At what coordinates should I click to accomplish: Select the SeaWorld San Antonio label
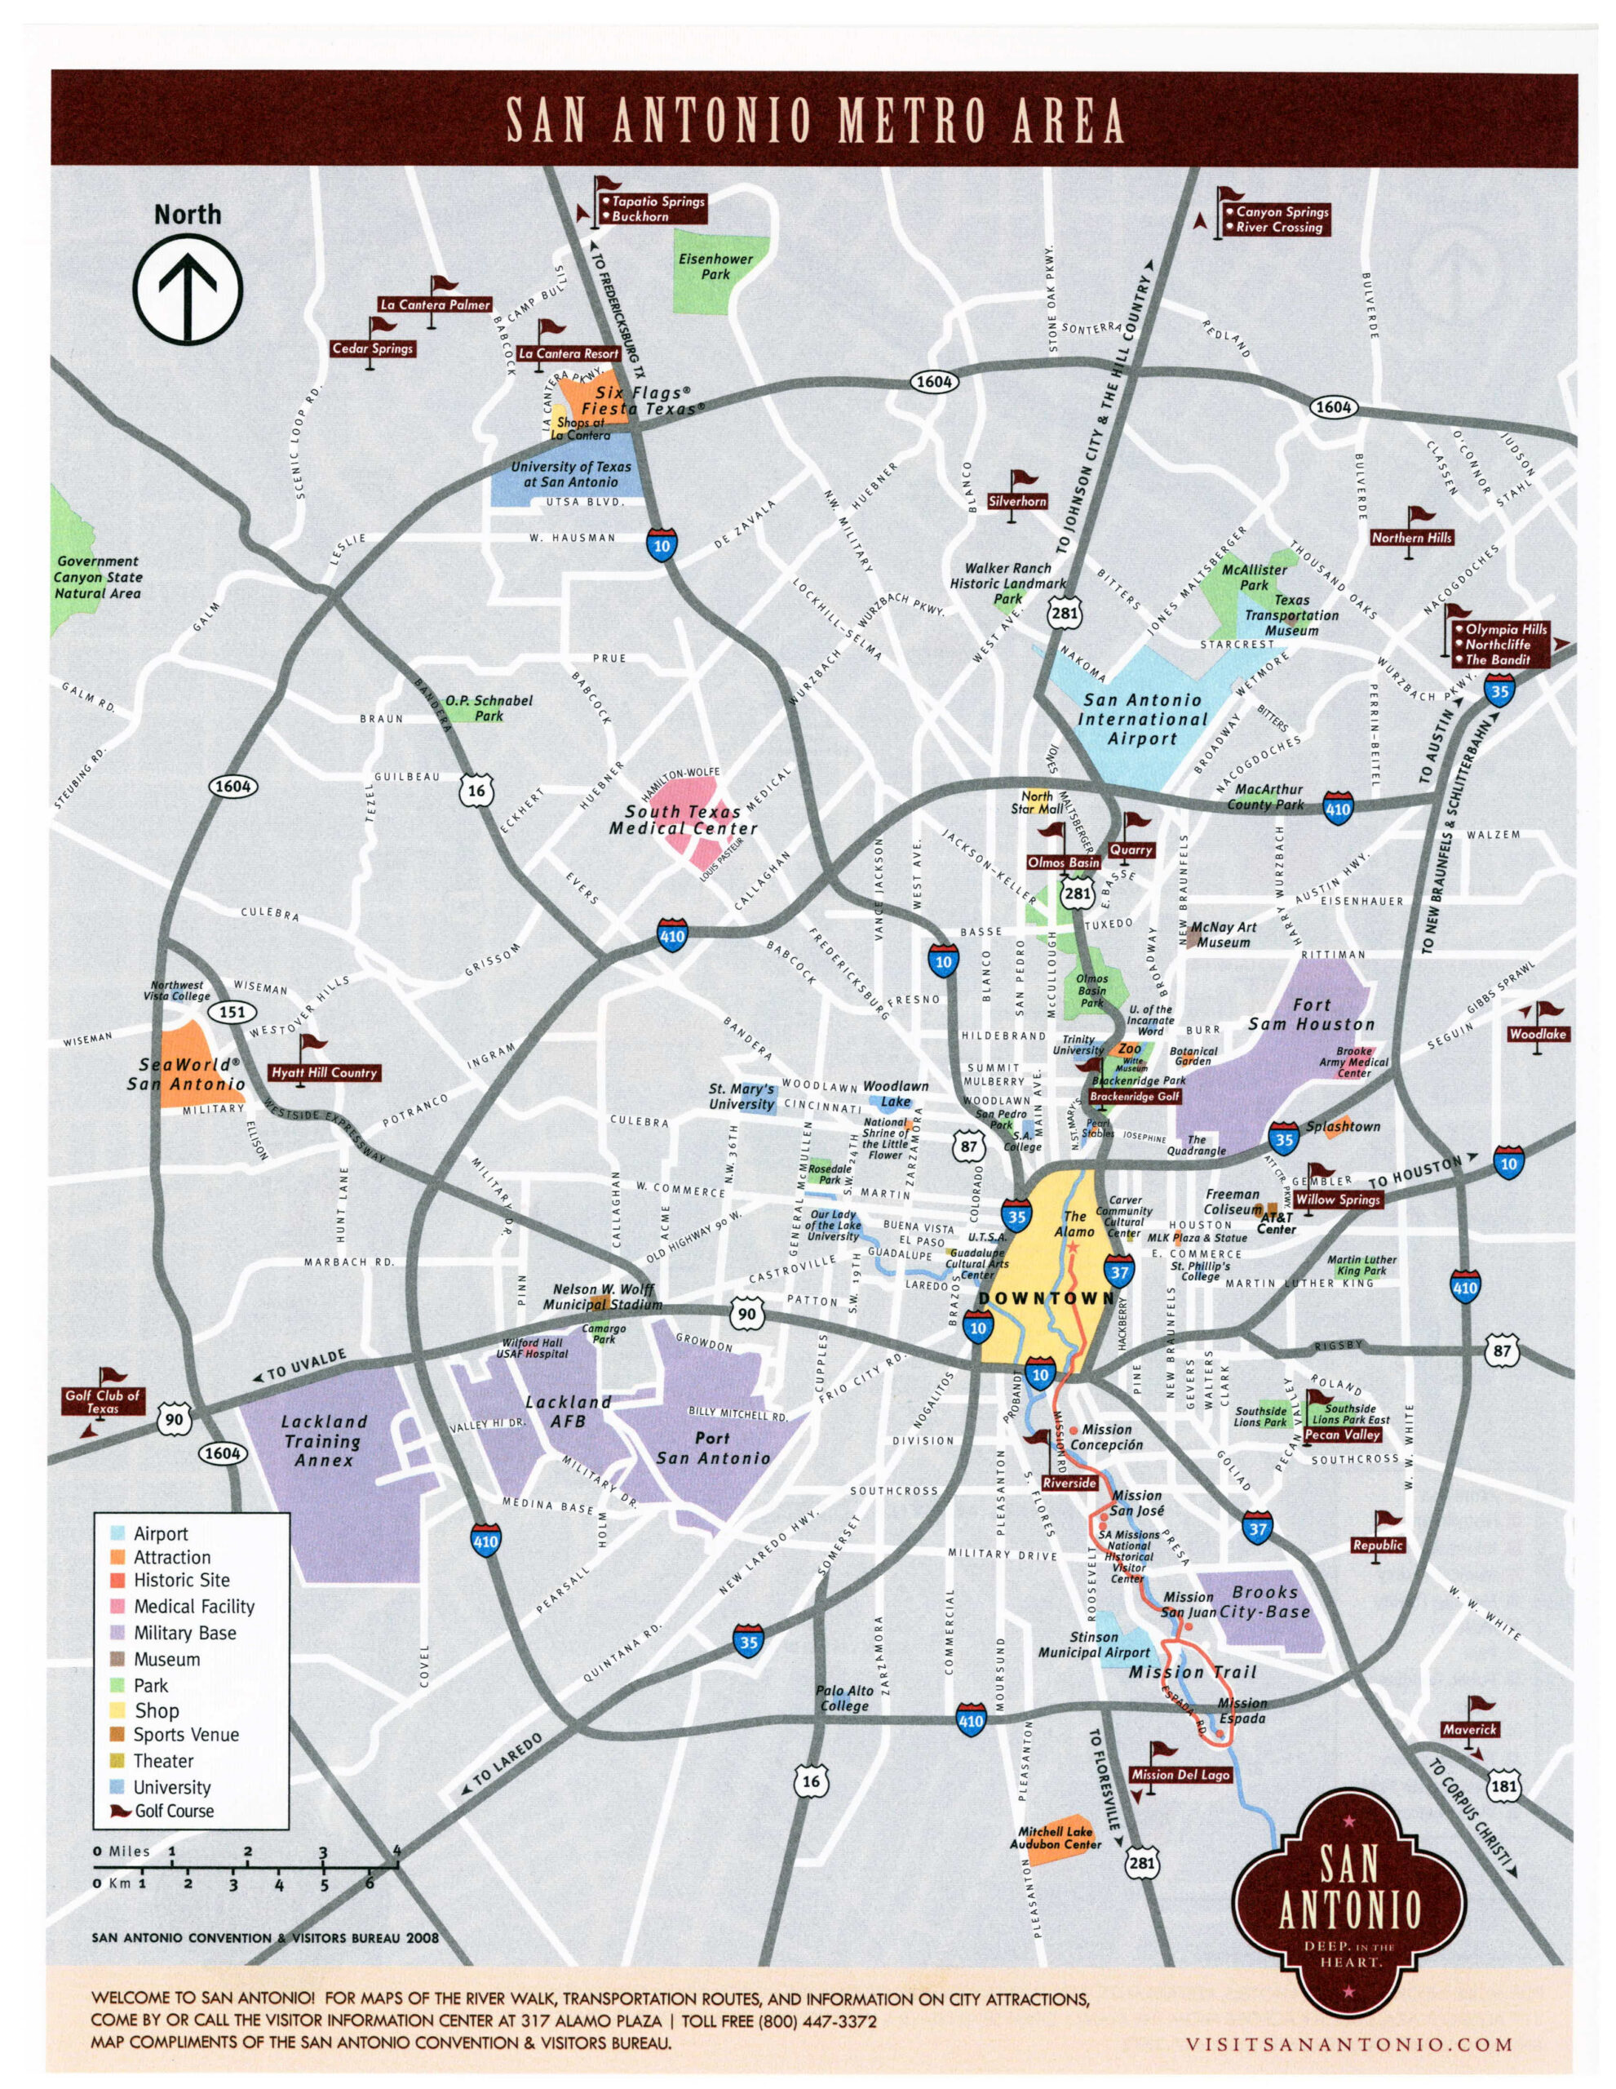[188, 1074]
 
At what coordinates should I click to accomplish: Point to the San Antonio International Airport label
[1142, 719]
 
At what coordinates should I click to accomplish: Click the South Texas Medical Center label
[683, 820]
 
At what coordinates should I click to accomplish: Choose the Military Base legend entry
[184, 1632]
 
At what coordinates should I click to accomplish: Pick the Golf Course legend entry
[174, 1810]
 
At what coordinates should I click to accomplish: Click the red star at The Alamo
[1073, 1247]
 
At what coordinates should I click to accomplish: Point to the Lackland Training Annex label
[323, 1440]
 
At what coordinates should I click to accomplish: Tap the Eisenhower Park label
[715, 266]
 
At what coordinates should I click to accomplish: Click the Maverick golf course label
[1471, 1729]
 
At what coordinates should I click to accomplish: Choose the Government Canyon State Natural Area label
[98, 577]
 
